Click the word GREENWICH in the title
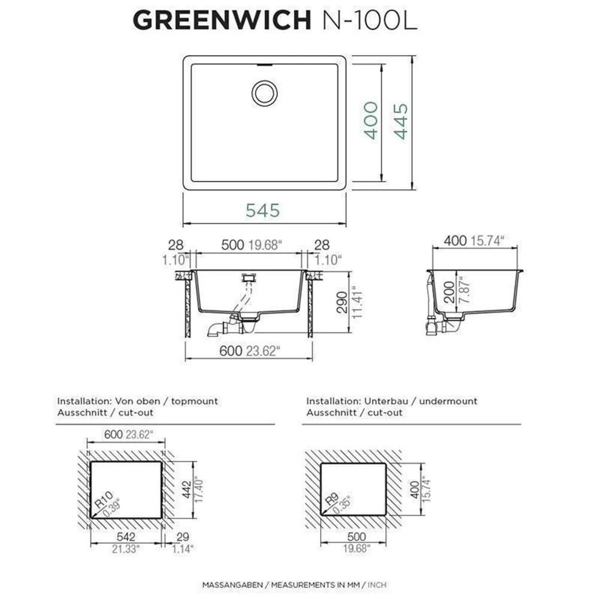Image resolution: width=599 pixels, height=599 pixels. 222,20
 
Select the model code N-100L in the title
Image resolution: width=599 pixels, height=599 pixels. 370,20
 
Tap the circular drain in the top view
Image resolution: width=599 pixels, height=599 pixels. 264,93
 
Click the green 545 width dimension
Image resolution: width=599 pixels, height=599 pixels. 262,210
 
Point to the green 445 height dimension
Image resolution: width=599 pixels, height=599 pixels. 401,122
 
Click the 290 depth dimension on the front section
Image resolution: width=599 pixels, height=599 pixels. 342,302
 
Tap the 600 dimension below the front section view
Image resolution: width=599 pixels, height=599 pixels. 231,350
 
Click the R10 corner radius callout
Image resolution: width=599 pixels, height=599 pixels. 104,500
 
